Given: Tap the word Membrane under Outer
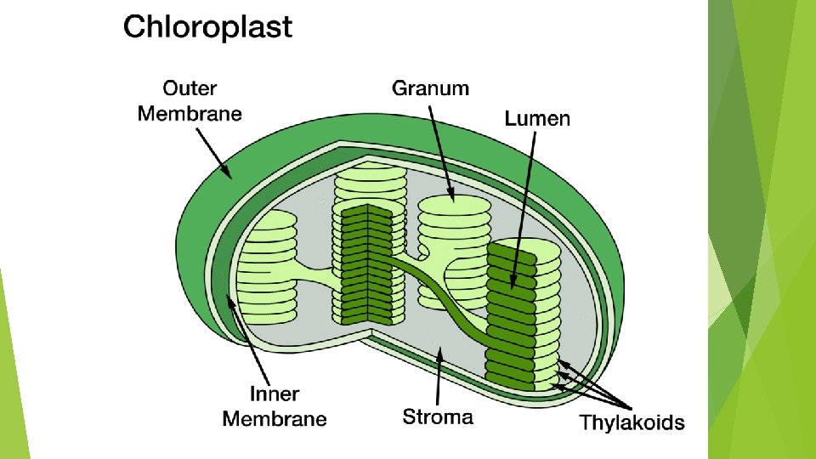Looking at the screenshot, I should point(190,112).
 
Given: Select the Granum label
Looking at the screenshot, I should point(430,87).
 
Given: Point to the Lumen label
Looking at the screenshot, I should point(537,118).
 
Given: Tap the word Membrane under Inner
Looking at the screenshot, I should point(275,417).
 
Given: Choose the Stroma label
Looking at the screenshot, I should point(438,416).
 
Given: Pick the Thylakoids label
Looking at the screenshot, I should point(632,422).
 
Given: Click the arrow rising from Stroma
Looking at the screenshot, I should point(438,374).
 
